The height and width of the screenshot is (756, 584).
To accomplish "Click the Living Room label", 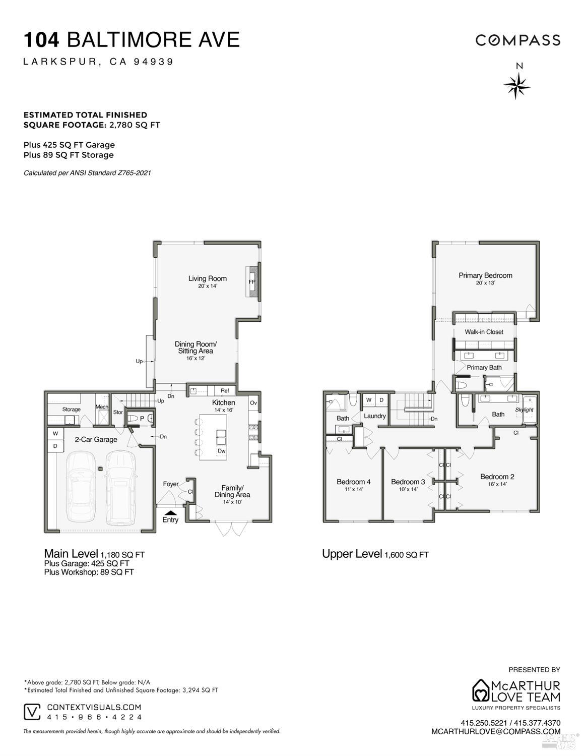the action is [x=208, y=278].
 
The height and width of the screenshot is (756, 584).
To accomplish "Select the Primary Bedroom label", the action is [x=485, y=275].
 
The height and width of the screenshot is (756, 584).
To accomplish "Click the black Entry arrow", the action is [x=170, y=513].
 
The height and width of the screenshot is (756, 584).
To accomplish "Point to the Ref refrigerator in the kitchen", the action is [x=225, y=391].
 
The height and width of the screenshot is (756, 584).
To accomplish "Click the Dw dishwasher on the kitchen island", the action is [x=221, y=451].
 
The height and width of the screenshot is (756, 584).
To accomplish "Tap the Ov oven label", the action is [x=253, y=403].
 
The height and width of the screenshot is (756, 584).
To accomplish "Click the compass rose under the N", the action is [x=517, y=86].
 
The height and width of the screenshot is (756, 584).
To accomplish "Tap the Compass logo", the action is [x=517, y=40].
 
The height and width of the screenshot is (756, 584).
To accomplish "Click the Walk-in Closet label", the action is [x=484, y=332].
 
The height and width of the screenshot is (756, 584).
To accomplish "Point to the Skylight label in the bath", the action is [x=524, y=410].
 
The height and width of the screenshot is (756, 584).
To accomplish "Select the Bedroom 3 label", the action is [x=408, y=482].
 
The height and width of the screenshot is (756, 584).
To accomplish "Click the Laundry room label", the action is [x=374, y=416].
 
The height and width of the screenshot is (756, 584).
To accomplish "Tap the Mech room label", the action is [x=102, y=406].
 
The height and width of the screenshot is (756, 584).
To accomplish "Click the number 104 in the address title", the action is [x=42, y=40].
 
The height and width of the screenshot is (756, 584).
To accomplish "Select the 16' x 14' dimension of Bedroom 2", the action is [x=497, y=484].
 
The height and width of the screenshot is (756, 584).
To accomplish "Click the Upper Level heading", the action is [x=352, y=554].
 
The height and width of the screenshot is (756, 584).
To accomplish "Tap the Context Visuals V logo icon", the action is [x=32, y=712].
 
